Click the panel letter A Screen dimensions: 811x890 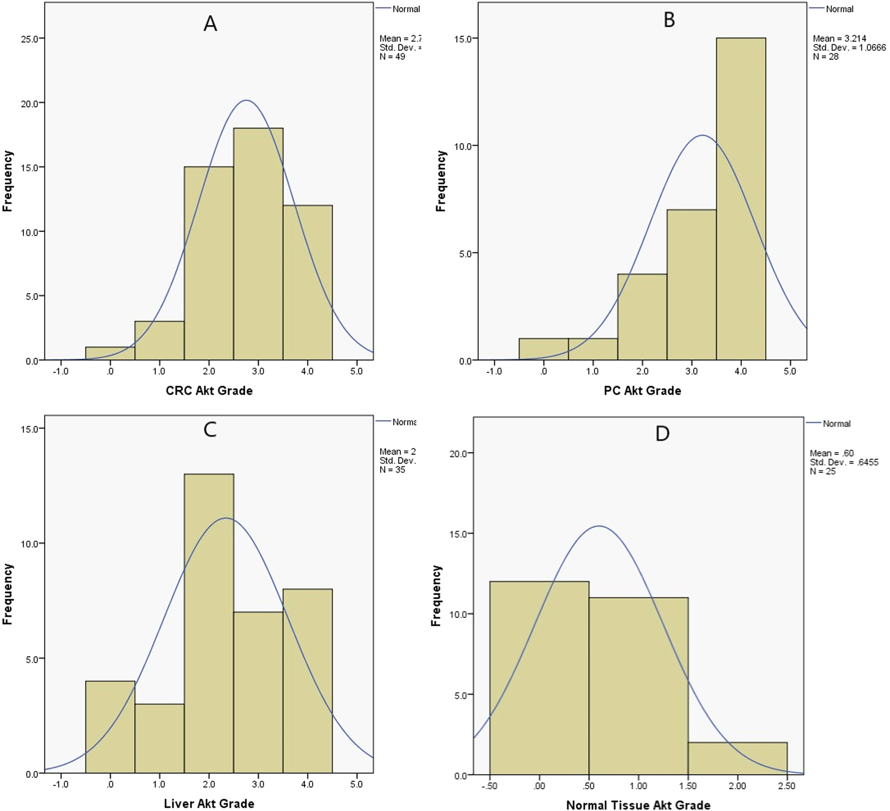[210, 23]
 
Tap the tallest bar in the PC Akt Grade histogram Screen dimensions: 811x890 [741, 199]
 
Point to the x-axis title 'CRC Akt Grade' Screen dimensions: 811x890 [209, 391]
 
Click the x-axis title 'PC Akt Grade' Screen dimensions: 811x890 [642, 391]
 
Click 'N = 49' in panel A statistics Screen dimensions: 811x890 [392, 57]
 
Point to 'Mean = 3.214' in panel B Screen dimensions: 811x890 [839, 39]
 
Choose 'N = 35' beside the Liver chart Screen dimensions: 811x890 [392, 470]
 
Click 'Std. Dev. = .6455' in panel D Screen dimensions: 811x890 [844, 462]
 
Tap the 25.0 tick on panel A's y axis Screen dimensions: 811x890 [30, 38]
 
